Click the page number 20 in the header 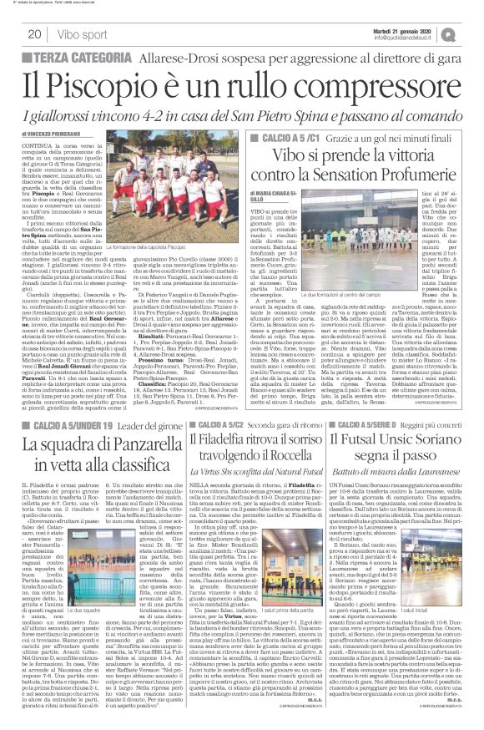point(35,34)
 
